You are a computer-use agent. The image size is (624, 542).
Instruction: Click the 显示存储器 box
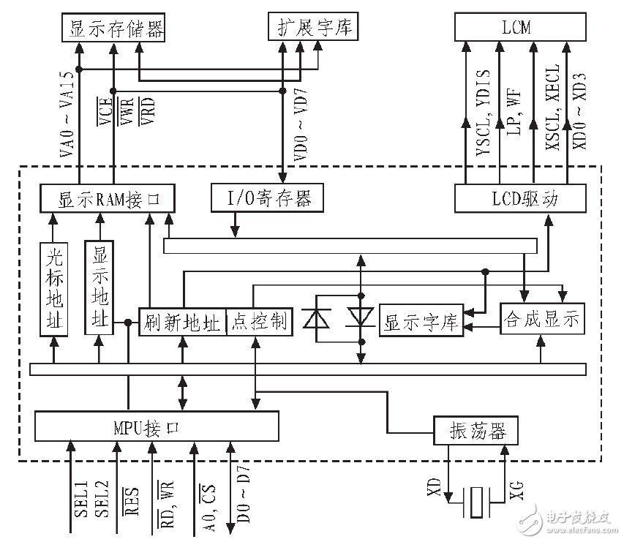point(113,29)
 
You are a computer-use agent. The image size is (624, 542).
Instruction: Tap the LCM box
point(520,29)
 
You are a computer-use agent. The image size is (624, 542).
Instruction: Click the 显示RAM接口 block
point(108,198)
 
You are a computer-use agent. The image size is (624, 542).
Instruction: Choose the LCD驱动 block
point(519,198)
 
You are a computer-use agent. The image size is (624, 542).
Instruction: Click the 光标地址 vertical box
point(53,288)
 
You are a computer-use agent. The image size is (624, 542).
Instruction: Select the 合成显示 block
point(541,319)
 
